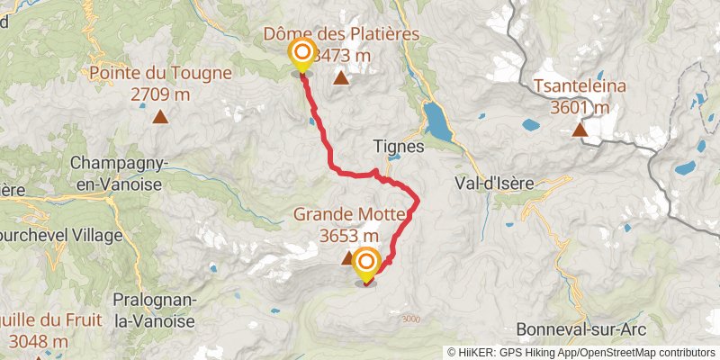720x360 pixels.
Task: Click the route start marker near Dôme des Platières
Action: click(x=301, y=55)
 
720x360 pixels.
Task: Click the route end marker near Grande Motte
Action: click(x=366, y=264)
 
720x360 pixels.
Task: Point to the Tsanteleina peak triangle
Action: click(x=581, y=130)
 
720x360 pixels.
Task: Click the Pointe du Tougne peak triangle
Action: click(x=160, y=115)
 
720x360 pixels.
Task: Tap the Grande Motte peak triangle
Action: click(x=347, y=258)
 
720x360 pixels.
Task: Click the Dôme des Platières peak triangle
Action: click(x=341, y=78)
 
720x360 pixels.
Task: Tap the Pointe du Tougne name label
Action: click(x=160, y=74)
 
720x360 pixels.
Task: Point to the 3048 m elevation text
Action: click(x=39, y=341)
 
